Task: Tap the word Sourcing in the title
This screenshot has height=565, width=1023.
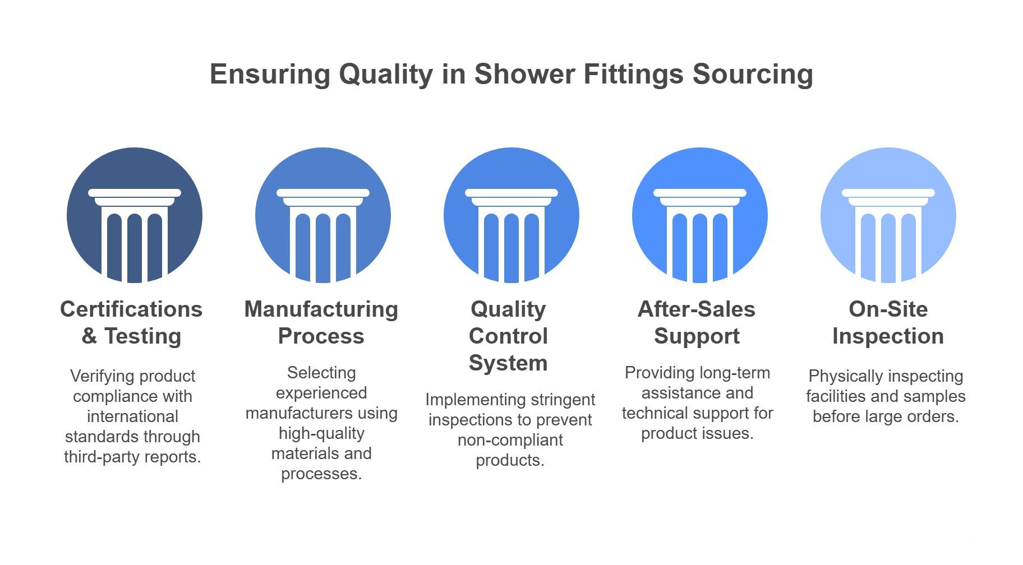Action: click(753, 75)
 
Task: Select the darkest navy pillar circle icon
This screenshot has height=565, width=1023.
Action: click(135, 215)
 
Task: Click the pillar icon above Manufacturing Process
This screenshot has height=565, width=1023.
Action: click(323, 215)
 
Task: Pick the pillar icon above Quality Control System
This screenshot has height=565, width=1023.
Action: click(511, 215)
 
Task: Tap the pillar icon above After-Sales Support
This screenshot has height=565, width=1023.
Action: click(700, 215)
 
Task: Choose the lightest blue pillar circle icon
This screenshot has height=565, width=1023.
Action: click(888, 215)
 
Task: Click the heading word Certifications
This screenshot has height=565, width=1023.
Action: click(131, 309)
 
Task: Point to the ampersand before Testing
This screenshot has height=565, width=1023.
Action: click(89, 336)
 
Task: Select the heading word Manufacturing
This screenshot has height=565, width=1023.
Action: click(321, 309)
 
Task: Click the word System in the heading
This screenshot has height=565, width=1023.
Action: click(508, 363)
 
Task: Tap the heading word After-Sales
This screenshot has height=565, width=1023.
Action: click(697, 309)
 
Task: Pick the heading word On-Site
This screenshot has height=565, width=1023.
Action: click(888, 309)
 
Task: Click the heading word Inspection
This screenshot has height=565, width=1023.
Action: click(888, 336)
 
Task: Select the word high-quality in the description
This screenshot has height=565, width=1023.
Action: click(321, 434)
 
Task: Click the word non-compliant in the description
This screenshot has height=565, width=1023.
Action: click(510, 441)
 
